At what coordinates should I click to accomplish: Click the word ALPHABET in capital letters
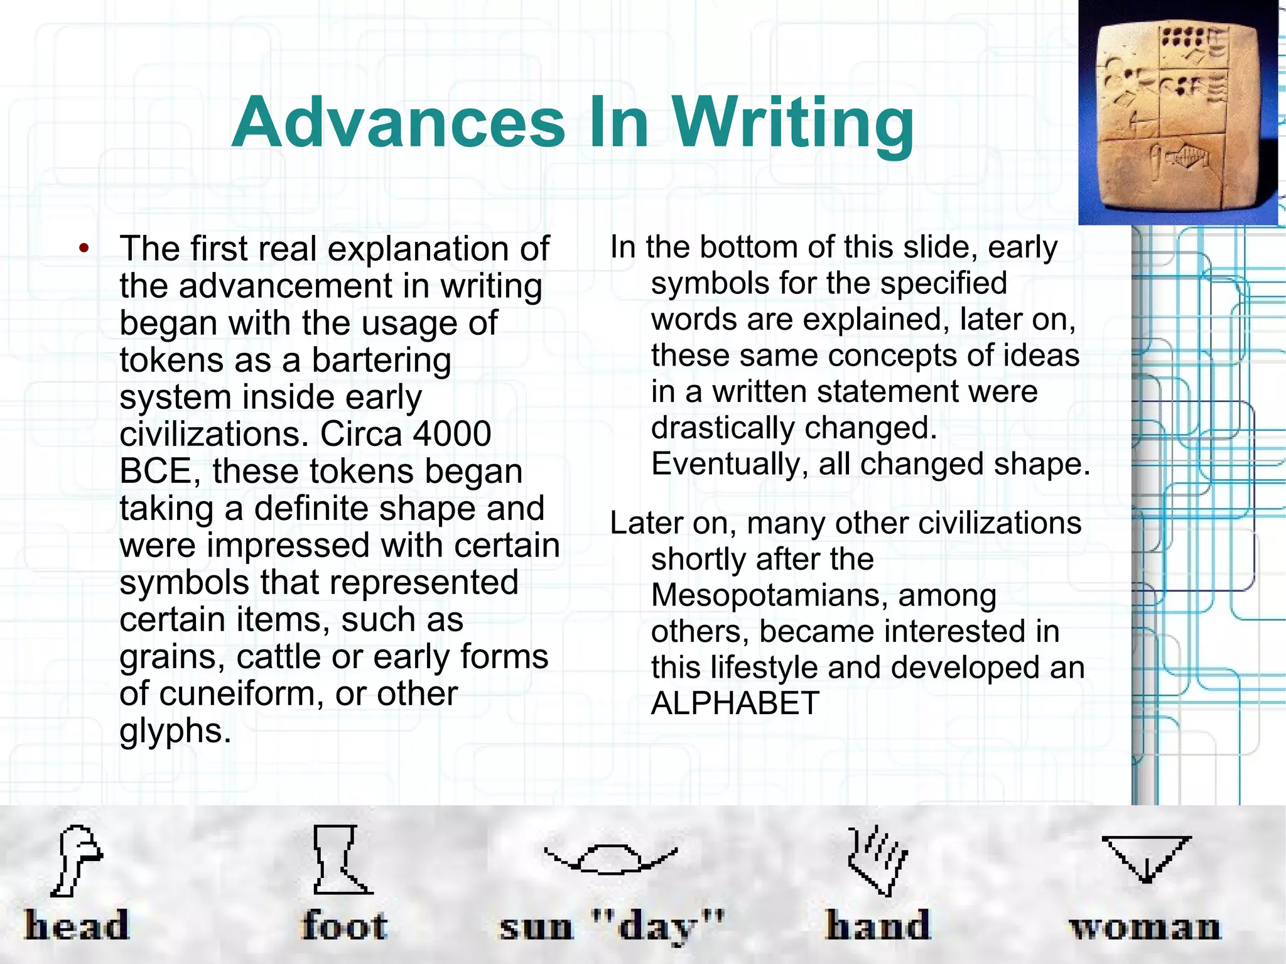click(735, 703)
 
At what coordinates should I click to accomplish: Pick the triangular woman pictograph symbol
click(1146, 858)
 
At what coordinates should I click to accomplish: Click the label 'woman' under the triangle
click(1145, 927)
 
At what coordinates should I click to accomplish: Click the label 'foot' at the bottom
click(344, 926)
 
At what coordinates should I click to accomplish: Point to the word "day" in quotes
click(659, 927)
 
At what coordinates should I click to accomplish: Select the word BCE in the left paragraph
click(156, 471)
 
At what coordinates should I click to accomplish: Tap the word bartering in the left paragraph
click(381, 360)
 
